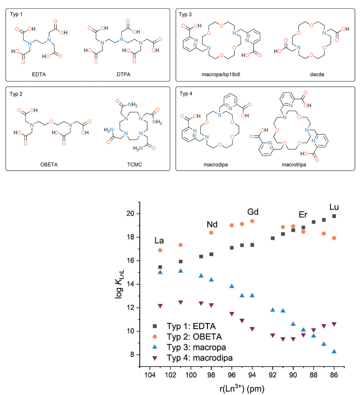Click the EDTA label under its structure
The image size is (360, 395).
(x=39, y=74)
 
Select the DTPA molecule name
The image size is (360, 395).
(x=124, y=74)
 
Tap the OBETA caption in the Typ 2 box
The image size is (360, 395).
(x=49, y=164)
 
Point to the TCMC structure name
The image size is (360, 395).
(x=135, y=164)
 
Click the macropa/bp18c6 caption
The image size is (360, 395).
(x=221, y=75)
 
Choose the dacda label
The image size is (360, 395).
(x=317, y=75)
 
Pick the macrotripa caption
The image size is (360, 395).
(x=294, y=165)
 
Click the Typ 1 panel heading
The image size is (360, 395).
(x=16, y=14)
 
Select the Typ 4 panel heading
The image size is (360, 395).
(x=186, y=94)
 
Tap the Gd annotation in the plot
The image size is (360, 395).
(x=253, y=212)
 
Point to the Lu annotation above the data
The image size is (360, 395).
(x=334, y=207)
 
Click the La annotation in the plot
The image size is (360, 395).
(x=159, y=241)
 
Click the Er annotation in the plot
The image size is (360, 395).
(x=303, y=214)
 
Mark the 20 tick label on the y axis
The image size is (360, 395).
(x=130, y=214)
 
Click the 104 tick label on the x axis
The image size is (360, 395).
(x=150, y=375)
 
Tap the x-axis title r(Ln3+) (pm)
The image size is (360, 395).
(x=242, y=389)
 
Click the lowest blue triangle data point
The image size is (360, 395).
(x=334, y=352)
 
